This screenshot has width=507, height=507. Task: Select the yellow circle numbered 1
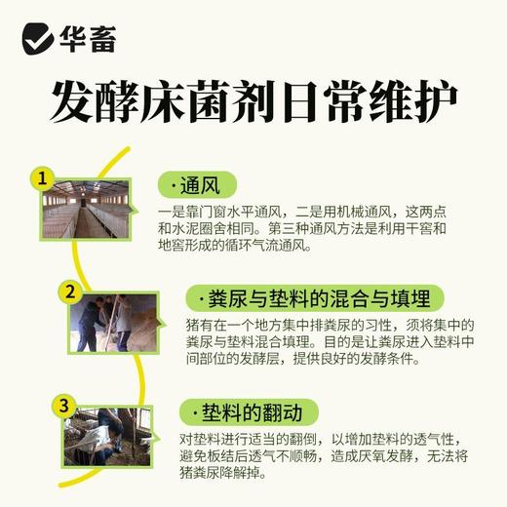point(41,179)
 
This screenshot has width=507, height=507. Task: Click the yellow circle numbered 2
point(68,291)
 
